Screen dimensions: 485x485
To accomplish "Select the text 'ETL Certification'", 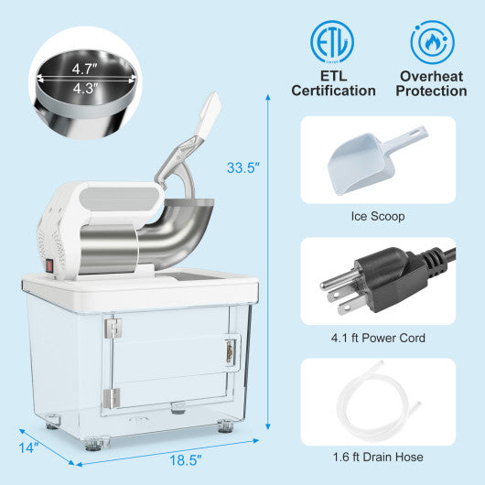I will pos(333,82).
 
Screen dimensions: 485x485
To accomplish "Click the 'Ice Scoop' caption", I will pos(378,217).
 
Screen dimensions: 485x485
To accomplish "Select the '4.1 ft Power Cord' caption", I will pos(378,338).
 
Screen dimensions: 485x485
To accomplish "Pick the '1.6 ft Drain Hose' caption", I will pos(378,457).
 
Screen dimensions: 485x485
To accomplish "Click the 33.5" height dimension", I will pos(243,167).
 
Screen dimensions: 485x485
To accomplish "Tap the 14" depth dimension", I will pos(29,447).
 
